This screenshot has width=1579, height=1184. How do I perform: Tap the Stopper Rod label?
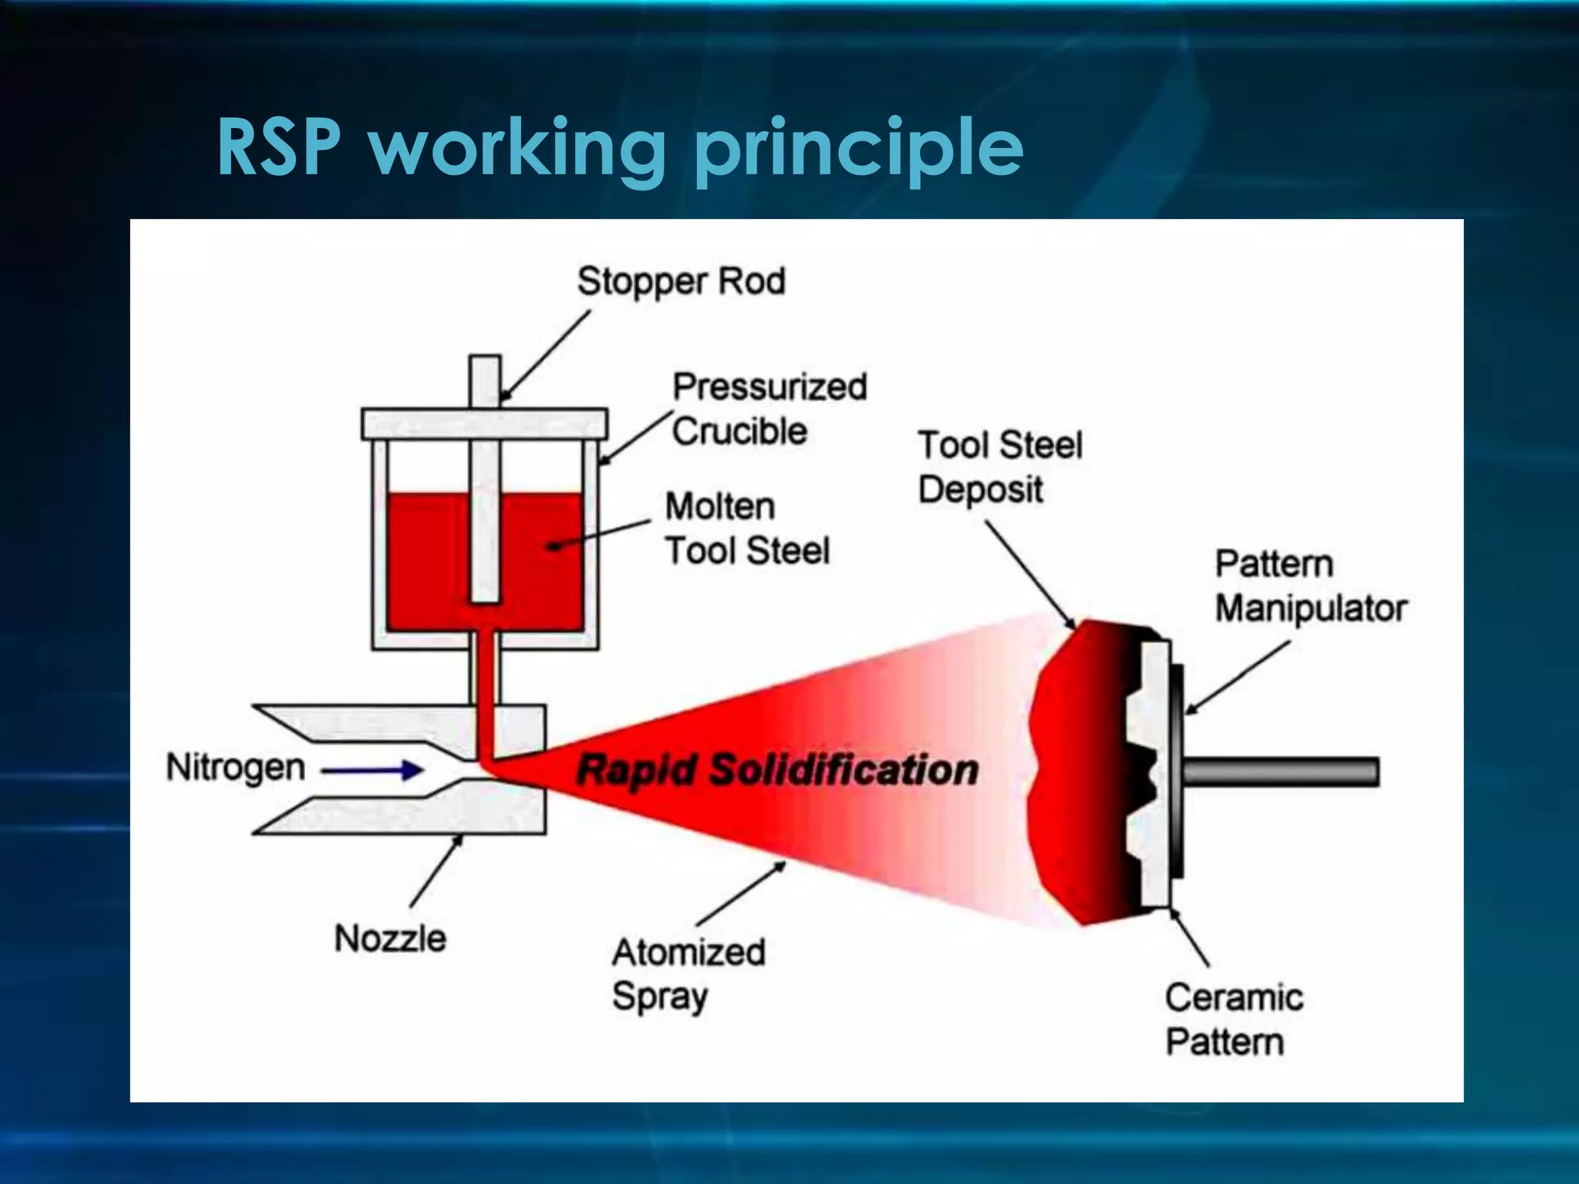(x=682, y=281)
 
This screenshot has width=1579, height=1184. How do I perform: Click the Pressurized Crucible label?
(x=769, y=409)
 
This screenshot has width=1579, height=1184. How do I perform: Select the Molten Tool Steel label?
(x=746, y=529)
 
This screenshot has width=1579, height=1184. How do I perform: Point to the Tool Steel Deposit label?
(x=999, y=467)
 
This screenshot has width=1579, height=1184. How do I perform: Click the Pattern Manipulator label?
(x=1311, y=586)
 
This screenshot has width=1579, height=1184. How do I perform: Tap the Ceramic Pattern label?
(x=1234, y=1019)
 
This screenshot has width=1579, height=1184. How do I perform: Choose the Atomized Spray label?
(x=688, y=974)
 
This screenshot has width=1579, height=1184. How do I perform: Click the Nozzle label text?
(x=390, y=938)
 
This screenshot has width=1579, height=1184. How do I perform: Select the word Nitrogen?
(x=236, y=768)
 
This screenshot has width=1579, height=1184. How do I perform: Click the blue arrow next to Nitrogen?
(x=372, y=769)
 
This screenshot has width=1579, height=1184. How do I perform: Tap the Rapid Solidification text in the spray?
(x=777, y=770)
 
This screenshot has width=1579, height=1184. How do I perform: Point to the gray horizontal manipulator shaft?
(x=1280, y=772)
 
